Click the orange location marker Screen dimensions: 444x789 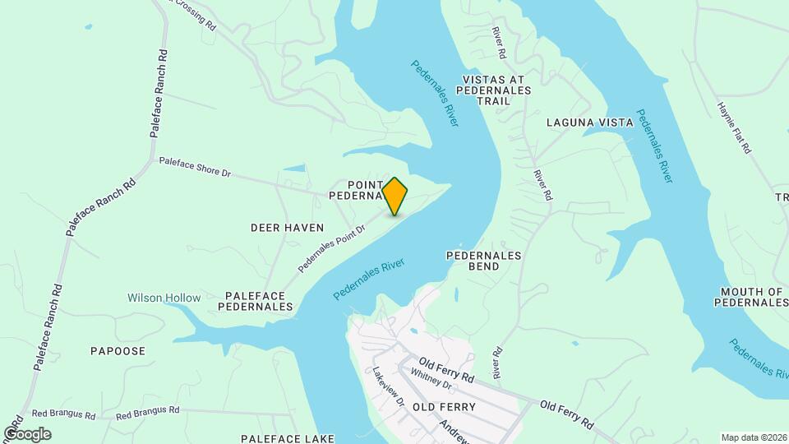pyautogui.click(x=394, y=195)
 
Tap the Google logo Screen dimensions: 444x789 pyautogui.click(x=26, y=433)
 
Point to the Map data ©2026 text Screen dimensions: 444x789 pyautogui.click(x=753, y=437)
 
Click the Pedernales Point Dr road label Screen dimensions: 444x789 pyautogui.click(x=330, y=251)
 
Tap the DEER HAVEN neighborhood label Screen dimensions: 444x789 pyautogui.click(x=287, y=228)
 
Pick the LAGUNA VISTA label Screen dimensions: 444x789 pyautogui.click(x=590, y=123)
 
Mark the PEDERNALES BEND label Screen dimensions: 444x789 pyautogui.click(x=483, y=261)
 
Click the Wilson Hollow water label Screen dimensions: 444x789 pyautogui.click(x=164, y=298)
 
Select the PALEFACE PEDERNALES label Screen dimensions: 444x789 pyautogui.click(x=256, y=301)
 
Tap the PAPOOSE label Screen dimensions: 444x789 pyautogui.click(x=118, y=351)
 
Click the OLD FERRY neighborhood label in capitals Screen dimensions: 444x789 pyautogui.click(x=444, y=407)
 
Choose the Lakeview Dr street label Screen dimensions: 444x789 pyautogui.click(x=388, y=386)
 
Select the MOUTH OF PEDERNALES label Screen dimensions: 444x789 pyautogui.click(x=751, y=297)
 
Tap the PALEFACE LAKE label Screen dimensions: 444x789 pyautogui.click(x=288, y=438)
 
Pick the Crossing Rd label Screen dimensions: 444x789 pyautogui.click(x=194, y=12)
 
